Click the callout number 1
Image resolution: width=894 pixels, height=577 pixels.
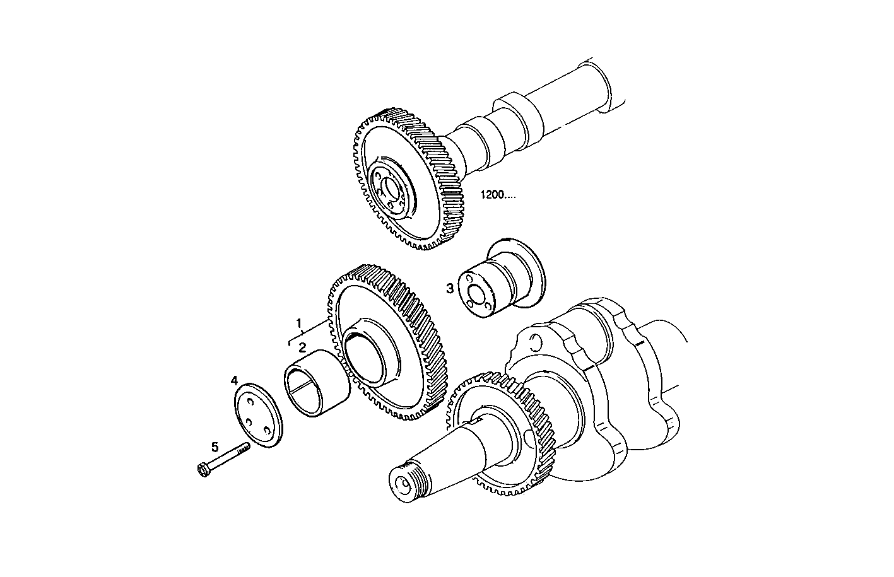300,323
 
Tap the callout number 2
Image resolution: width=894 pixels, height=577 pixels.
303,347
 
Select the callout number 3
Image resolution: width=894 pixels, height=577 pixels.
450,289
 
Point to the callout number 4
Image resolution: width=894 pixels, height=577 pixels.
234,380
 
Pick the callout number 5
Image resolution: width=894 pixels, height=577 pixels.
215,447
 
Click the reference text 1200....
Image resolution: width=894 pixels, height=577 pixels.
498,195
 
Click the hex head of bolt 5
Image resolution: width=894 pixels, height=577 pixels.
203,470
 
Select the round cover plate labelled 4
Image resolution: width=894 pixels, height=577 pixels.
259,417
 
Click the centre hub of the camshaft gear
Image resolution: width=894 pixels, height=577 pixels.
391,189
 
